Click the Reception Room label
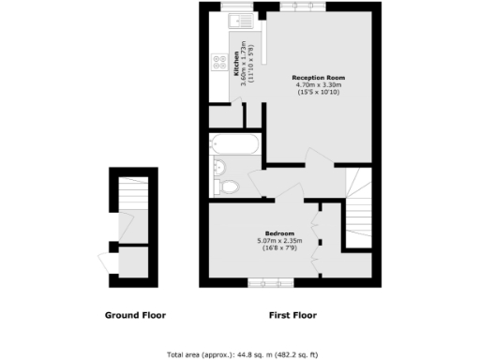(x=320, y=77)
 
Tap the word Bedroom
(x=279, y=232)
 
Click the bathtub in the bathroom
(x=234, y=144)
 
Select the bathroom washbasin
(x=218, y=167)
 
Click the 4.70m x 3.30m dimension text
(x=320, y=85)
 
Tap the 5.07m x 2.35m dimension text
(x=279, y=241)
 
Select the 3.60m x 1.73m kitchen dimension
(x=244, y=67)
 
